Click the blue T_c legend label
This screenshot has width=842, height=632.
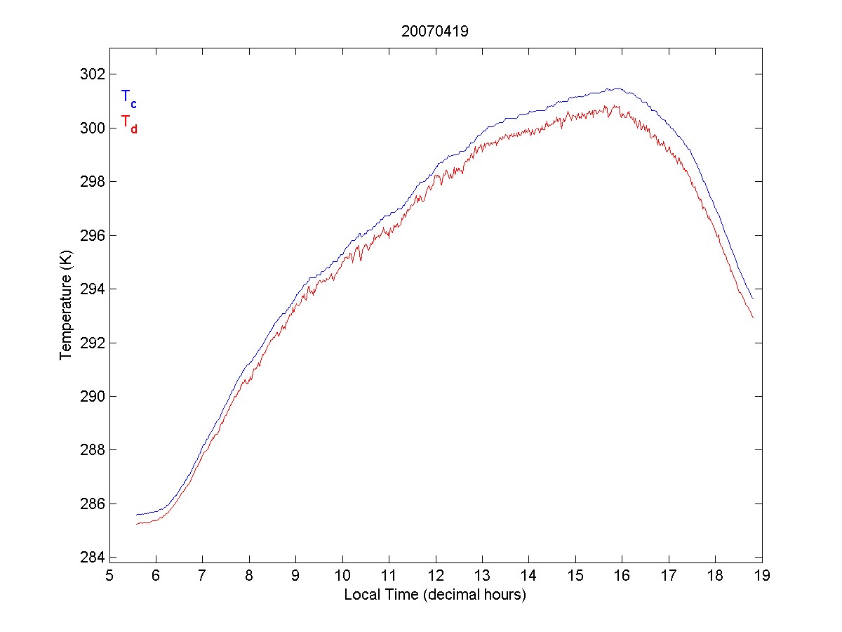pyautogui.click(x=128, y=98)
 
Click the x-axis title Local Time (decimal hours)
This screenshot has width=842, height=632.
pyautogui.click(x=435, y=595)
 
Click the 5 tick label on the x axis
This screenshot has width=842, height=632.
pyautogui.click(x=109, y=576)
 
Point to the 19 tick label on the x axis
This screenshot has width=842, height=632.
pyautogui.click(x=762, y=576)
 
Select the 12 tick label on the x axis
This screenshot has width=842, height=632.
pyautogui.click(x=436, y=576)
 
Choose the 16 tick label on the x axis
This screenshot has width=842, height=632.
pyautogui.click(x=622, y=576)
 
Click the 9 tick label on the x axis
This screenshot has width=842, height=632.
pyautogui.click(x=296, y=576)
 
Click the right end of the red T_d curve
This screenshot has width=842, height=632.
pyautogui.click(x=753, y=317)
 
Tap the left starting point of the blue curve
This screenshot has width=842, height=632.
pyautogui.click(x=137, y=515)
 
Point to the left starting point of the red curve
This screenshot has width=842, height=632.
pyautogui.click(x=137, y=524)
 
